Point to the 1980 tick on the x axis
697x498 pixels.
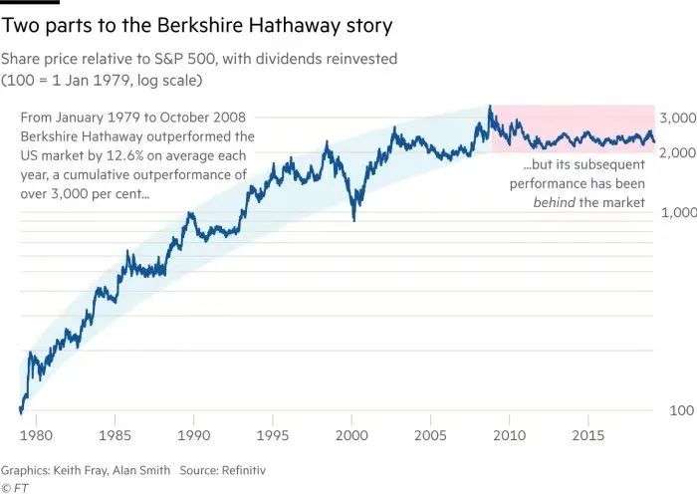tap(36, 435)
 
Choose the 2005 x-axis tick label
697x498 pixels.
tap(430, 435)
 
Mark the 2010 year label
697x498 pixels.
tap(509, 435)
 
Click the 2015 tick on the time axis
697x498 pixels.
tap(587, 435)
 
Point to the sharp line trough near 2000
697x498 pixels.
tap(354, 218)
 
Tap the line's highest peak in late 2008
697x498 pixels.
tap(489, 106)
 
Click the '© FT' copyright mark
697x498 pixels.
tap(14, 487)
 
